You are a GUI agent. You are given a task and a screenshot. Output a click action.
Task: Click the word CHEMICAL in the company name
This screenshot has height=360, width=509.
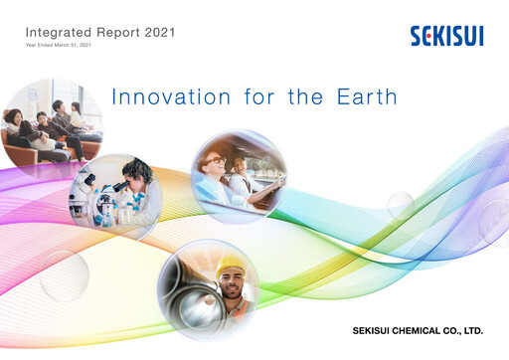click(413, 329)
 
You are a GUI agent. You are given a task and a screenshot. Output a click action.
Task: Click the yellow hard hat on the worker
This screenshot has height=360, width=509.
click(231, 265)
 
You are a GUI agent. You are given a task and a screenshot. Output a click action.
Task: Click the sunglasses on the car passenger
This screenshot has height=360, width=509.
click(215, 160)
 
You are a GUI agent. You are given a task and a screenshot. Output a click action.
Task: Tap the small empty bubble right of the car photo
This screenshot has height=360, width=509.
click(400, 205)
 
